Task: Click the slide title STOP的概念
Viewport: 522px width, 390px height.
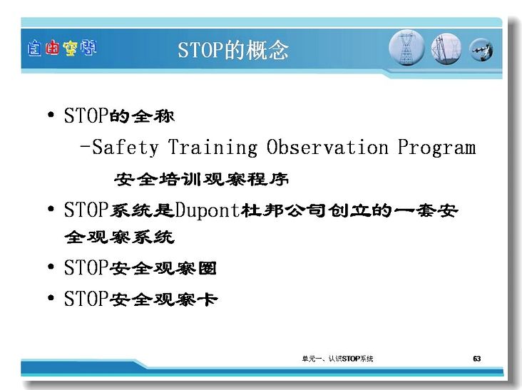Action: tap(233, 50)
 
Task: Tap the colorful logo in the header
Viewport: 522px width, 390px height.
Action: tap(62, 48)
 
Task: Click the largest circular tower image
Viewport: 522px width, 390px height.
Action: tap(406, 48)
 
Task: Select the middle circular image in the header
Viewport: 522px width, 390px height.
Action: tap(446, 49)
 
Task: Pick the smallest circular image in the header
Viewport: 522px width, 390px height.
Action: tap(481, 50)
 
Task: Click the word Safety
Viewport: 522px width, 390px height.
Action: tap(126, 147)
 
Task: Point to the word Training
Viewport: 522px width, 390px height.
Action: tap(213, 147)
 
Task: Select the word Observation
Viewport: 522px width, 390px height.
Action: tap(327, 147)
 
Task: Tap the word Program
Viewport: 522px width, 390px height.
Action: tap(436, 147)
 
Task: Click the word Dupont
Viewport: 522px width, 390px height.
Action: tap(208, 210)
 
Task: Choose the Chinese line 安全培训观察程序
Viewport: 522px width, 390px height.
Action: tap(201, 180)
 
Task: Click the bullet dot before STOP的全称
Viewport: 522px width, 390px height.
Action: tap(51, 115)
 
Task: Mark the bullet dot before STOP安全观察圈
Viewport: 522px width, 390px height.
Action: tap(51, 267)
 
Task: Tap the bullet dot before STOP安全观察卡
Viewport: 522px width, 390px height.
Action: tap(51, 297)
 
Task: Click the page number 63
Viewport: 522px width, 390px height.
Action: tap(477, 359)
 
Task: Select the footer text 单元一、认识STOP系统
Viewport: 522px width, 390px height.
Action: tap(337, 359)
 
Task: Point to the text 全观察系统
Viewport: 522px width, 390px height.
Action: tap(120, 237)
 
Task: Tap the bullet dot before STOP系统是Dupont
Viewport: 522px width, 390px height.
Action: tap(51, 210)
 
